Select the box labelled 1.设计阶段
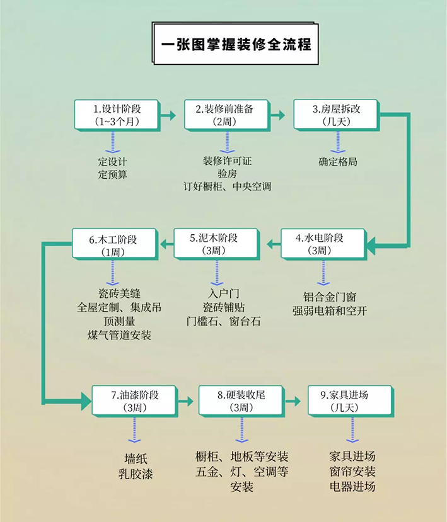click(115, 114)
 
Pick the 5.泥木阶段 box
click(215, 244)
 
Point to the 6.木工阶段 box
click(113, 244)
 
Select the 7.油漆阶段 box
click(135, 400)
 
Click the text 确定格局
click(338, 161)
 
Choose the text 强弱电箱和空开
click(330, 310)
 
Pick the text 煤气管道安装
click(116, 335)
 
